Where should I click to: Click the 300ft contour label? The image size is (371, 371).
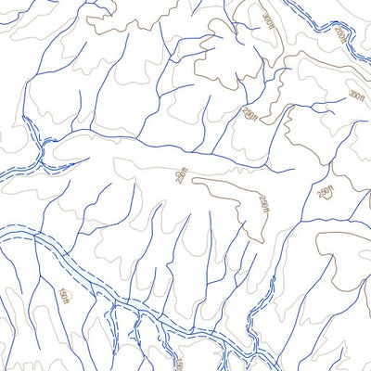click(268, 21)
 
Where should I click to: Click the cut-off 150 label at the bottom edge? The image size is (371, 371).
click(180, 365)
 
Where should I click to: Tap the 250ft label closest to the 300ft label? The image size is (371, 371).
click(249, 113)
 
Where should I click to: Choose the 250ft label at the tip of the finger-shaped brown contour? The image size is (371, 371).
click(263, 203)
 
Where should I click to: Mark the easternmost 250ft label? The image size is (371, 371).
click(324, 193)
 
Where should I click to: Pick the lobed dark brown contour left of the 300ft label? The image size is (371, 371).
click(218, 46)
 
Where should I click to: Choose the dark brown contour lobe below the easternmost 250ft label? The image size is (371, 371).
click(334, 250)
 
